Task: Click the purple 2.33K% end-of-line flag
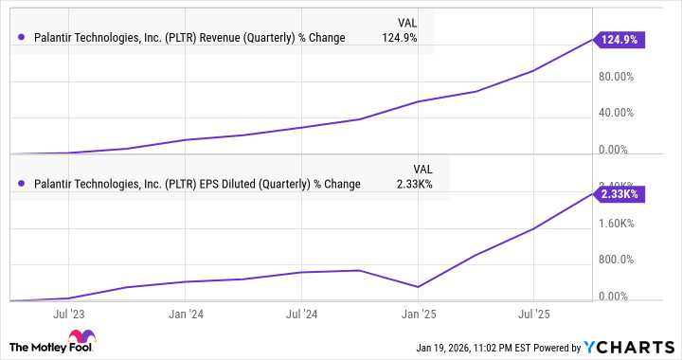619,193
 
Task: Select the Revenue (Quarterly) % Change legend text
189,38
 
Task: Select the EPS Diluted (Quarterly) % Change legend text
196,184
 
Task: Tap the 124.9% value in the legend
400,38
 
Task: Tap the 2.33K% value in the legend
413,184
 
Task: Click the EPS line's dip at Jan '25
418,286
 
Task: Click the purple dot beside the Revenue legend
22,38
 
